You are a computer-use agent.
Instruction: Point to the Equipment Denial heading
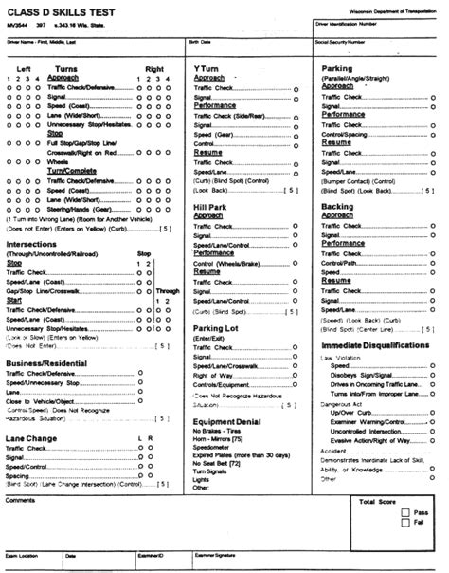click(x=228, y=420)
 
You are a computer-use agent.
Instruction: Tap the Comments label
click(x=20, y=500)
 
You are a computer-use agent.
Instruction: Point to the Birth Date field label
click(x=200, y=43)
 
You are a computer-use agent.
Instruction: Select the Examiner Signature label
click(x=217, y=555)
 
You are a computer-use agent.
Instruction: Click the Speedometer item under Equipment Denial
click(x=214, y=446)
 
